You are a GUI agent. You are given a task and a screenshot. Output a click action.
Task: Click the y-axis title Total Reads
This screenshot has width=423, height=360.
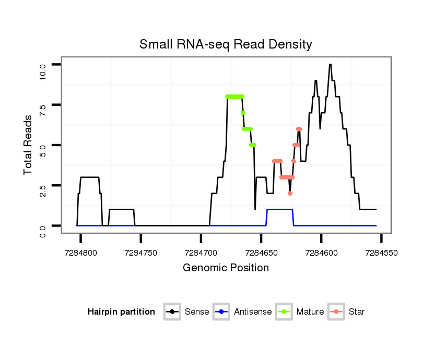28,145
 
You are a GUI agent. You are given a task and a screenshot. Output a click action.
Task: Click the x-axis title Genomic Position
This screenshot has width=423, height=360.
226,268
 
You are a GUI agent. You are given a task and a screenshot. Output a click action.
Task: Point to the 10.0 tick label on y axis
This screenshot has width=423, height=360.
43,70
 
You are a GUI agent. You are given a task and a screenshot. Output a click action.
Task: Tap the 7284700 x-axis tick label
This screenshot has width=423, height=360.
201,252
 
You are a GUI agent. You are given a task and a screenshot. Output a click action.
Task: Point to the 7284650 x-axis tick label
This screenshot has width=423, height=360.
261,252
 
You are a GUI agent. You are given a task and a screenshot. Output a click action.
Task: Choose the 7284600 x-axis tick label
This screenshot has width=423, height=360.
321,252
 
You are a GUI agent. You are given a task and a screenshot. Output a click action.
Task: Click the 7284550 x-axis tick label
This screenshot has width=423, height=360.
381,252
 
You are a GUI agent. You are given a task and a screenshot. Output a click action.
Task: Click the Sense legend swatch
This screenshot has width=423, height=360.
172,312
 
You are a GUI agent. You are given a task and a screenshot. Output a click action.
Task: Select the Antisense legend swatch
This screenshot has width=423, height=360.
221,312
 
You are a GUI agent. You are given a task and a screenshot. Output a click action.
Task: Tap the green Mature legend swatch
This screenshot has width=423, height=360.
284,312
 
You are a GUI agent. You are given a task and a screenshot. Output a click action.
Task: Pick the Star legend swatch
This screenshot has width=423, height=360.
336,312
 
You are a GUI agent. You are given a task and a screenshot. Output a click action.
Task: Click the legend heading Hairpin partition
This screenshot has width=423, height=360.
121,312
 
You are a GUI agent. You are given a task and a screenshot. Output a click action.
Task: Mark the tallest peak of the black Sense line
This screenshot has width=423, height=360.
330,65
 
